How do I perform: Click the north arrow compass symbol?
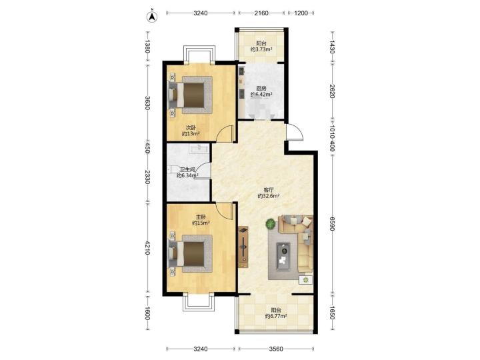tap(153, 17)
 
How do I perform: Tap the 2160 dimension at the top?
tap(261, 13)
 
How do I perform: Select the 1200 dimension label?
tap(301, 13)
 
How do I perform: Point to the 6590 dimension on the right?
tap(332, 224)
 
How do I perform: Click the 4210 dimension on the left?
tap(147, 248)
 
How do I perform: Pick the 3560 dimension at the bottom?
tap(276, 349)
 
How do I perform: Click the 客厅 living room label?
tap(269, 190)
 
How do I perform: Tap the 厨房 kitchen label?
tap(261, 89)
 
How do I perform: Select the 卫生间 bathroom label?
tap(187, 169)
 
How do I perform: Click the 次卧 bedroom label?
tap(191, 127)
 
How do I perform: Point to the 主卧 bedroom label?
tap(201, 217)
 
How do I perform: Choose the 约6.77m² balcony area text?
tap(276, 316)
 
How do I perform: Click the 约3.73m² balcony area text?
tap(261, 49)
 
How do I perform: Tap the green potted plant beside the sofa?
tap(271, 224)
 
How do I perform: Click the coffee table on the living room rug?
tap(283, 256)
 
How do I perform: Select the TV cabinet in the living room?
tap(243, 247)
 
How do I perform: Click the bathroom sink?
tap(199, 148)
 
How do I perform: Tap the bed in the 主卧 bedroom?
tap(190, 254)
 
